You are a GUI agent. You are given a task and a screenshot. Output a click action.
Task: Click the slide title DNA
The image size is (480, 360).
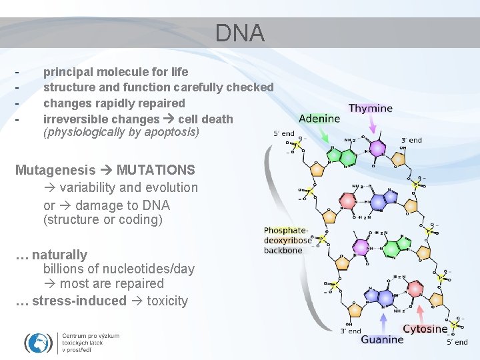(x=239, y=33)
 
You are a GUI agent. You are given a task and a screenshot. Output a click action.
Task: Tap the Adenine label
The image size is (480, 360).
(x=319, y=119)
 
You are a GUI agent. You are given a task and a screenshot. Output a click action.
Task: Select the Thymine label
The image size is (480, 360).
(x=371, y=108)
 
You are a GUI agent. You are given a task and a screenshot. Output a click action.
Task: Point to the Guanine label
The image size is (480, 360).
(x=382, y=339)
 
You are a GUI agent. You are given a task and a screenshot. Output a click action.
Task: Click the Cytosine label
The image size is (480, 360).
(x=425, y=329)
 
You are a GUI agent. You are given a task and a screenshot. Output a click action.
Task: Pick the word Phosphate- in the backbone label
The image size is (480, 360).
(x=287, y=230)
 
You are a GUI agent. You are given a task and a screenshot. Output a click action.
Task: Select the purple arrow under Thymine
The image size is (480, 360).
(x=373, y=127)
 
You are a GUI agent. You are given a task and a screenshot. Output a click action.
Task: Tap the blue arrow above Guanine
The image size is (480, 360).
(x=384, y=323)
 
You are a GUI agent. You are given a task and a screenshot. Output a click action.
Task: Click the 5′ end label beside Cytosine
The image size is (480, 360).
(x=457, y=342)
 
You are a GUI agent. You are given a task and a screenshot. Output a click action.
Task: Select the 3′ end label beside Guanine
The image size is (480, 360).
(x=351, y=331)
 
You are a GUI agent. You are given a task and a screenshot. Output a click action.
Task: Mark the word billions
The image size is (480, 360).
(x=65, y=269)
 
